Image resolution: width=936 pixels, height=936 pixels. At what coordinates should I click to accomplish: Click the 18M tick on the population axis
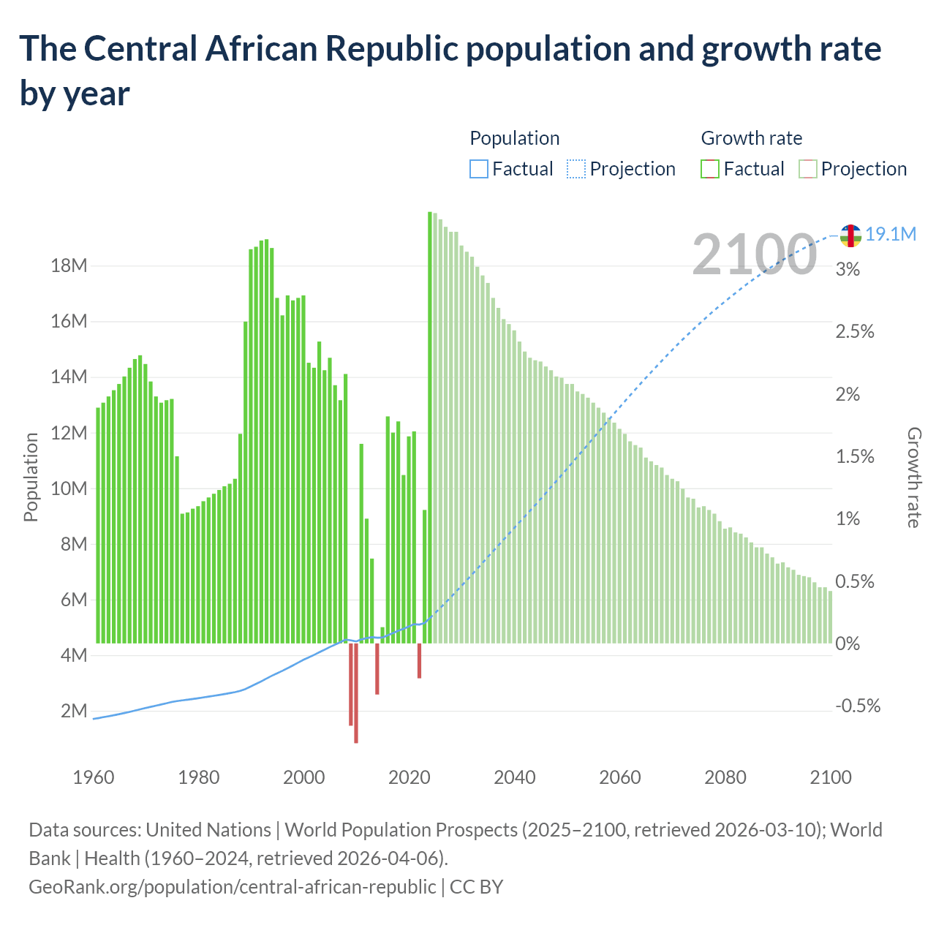[x=69, y=265]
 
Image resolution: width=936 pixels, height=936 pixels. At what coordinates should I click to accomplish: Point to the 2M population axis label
[x=74, y=711]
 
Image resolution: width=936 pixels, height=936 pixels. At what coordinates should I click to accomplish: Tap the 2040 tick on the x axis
[x=515, y=777]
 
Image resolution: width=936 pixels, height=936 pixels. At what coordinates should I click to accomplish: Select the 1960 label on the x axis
[x=94, y=777]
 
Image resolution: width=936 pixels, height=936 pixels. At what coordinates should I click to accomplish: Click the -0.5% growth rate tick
[x=858, y=706]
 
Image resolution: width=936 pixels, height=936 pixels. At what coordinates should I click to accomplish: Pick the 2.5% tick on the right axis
[x=855, y=331]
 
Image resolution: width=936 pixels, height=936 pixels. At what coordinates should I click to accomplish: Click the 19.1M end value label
[x=891, y=235]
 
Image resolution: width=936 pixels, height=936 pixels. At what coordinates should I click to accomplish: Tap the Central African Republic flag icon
[x=850, y=235]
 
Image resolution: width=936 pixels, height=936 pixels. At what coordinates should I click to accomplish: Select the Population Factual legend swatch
[x=479, y=169]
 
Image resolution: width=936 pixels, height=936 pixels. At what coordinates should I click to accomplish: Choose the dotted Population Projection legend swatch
[x=576, y=169]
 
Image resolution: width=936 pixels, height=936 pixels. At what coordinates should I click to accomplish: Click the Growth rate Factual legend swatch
[x=710, y=169]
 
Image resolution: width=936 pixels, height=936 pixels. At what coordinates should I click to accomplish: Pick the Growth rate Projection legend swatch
[x=808, y=169]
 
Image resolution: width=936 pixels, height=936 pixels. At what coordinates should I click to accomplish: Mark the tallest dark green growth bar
[x=429, y=427]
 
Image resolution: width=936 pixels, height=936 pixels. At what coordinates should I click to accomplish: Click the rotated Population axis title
[x=31, y=477]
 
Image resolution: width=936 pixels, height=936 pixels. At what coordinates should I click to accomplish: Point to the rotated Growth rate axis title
[x=914, y=478]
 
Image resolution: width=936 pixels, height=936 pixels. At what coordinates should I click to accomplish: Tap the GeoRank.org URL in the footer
[x=232, y=886]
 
